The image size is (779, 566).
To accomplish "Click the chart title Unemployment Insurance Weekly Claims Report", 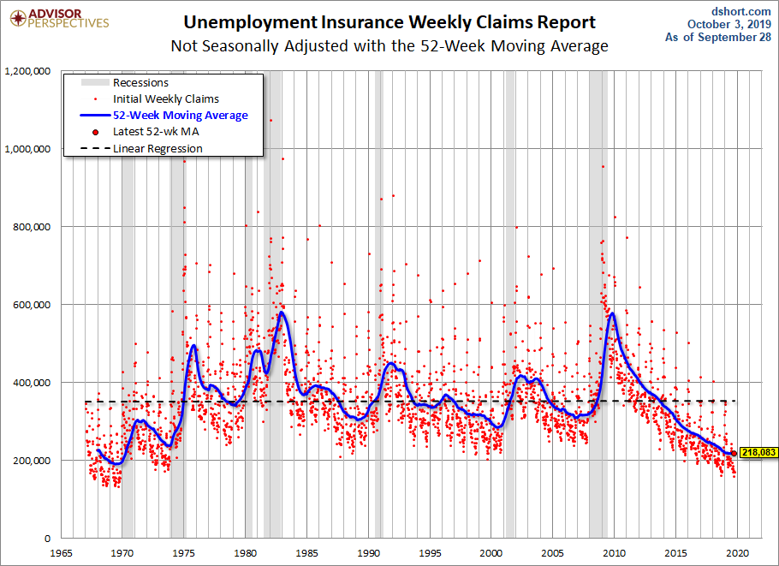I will (389, 21).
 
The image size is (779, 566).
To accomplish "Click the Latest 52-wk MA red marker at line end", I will (734, 453).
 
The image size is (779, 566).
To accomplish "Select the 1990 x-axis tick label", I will (368, 551).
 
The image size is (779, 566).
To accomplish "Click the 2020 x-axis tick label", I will (738, 551).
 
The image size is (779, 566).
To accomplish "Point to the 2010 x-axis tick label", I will (615, 551).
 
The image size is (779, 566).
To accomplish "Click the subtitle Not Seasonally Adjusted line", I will (389, 46).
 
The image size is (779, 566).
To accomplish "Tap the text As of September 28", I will (717, 38).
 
